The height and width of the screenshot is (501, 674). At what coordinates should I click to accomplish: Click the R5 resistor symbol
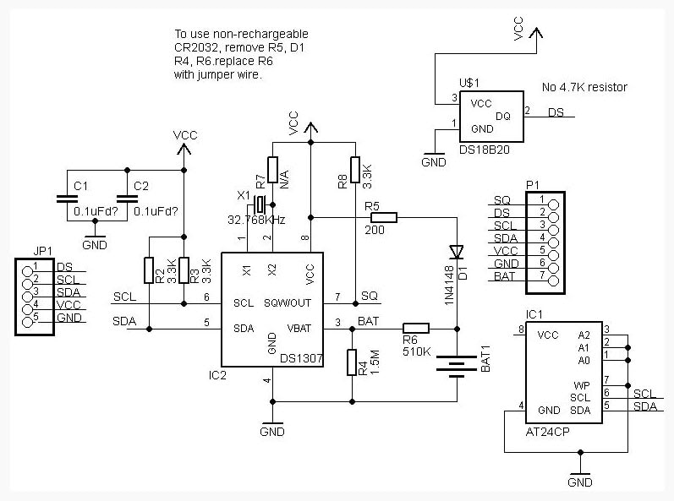383,218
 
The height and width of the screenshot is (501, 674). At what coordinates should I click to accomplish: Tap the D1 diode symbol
457,252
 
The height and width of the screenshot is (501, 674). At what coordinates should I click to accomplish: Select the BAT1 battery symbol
457,366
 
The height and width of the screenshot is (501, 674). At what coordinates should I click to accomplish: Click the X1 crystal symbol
260,204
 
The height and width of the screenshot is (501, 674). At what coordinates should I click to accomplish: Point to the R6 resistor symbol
416,329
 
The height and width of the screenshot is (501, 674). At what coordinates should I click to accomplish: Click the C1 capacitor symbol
67,199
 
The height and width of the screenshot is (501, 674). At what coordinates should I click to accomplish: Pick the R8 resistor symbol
355,170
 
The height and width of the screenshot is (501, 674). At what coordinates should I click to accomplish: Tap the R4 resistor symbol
352,362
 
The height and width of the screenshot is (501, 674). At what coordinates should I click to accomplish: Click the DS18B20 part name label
485,150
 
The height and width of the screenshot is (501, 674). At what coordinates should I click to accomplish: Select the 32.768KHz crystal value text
256,220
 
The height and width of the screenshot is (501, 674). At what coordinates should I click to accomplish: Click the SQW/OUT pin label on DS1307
288,303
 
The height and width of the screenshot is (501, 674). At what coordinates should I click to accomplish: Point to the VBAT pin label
299,329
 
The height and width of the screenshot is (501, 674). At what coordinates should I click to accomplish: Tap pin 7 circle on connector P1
554,281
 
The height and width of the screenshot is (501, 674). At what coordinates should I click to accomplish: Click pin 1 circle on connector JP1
28,271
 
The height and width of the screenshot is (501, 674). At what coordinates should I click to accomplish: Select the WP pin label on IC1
582,385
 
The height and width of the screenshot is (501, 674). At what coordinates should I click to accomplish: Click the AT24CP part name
547,432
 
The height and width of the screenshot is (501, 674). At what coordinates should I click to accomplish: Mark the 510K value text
417,351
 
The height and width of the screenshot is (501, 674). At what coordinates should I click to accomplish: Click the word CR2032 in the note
196,47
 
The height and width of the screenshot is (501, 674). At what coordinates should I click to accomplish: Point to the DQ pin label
503,117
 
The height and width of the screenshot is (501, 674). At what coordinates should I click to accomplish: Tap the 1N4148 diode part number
449,285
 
